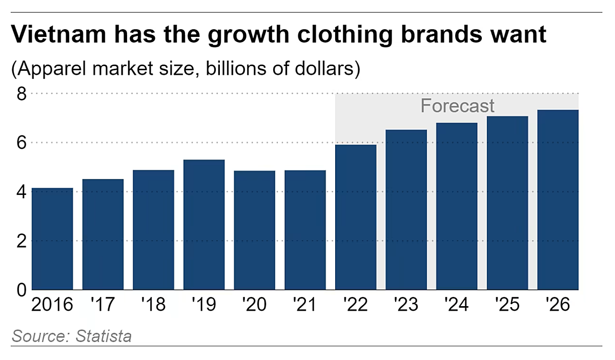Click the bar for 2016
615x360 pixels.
52,239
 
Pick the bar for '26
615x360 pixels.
558,200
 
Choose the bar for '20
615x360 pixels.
255,230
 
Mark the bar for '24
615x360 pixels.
457,206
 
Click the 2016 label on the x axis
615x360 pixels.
52,305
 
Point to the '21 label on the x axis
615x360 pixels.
304,305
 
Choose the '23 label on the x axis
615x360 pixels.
406,305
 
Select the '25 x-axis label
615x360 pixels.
507,305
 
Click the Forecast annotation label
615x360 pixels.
457,106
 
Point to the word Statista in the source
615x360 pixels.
104,336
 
